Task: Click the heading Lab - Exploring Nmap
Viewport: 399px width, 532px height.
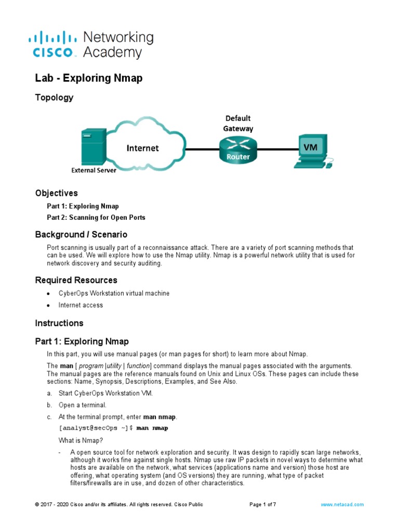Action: click(x=88, y=78)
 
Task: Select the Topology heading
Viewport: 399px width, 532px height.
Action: click(x=54, y=98)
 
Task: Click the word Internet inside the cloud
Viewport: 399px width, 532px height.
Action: click(x=143, y=149)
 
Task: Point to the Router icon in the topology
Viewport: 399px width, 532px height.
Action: click(x=238, y=149)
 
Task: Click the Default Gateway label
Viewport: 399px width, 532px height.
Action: click(x=238, y=123)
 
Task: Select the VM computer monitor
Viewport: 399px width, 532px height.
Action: click(x=310, y=148)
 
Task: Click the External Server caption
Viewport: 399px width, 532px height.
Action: click(x=94, y=170)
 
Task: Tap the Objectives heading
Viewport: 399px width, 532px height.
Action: click(x=56, y=193)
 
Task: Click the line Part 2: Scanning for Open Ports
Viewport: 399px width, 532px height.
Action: click(x=96, y=218)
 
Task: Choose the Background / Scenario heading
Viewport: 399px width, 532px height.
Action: click(x=81, y=234)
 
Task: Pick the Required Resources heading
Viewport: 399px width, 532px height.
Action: click(x=76, y=280)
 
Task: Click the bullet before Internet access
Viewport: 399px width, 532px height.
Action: click(x=48, y=305)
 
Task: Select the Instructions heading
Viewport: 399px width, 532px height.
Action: click(x=59, y=323)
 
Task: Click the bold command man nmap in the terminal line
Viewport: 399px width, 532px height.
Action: click(x=152, y=428)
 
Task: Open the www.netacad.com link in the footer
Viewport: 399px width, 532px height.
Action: click(x=342, y=504)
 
